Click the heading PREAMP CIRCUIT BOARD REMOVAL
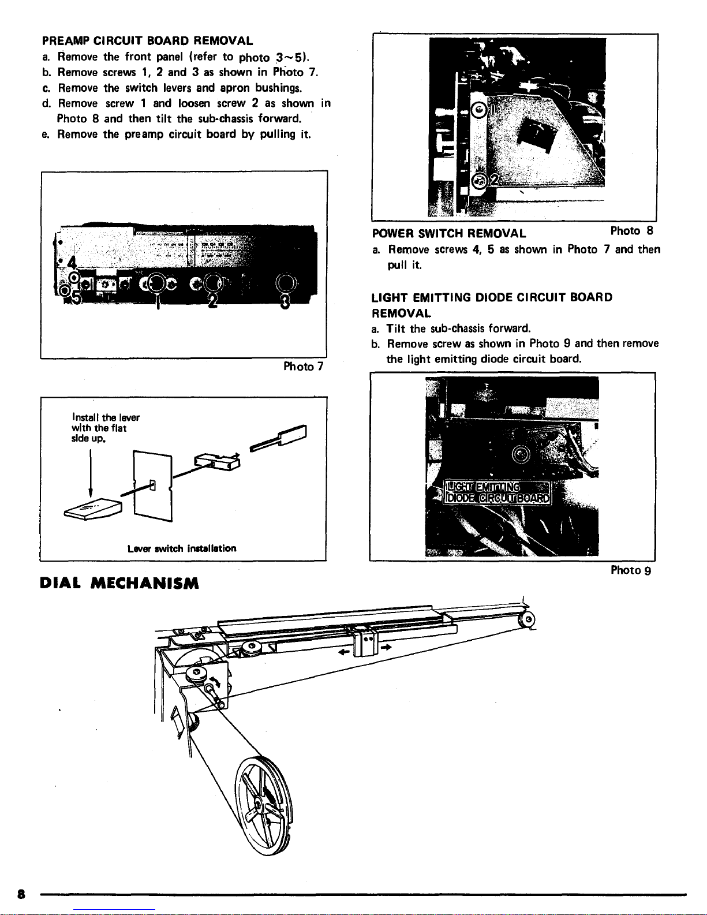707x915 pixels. [x=147, y=41]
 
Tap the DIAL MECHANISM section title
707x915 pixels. [x=119, y=584]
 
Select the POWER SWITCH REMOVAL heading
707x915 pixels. [x=449, y=233]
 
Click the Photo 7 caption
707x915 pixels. [x=304, y=367]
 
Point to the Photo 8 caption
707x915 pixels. [x=631, y=231]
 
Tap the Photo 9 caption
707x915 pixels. [x=631, y=570]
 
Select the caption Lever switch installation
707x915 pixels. [x=182, y=548]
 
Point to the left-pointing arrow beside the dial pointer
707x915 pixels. [x=344, y=652]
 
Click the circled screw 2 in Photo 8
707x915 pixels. [x=479, y=181]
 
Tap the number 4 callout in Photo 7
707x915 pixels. [x=72, y=263]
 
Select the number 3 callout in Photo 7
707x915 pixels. [x=285, y=301]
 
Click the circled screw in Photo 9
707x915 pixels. [x=521, y=454]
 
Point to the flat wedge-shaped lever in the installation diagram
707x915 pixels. [x=93, y=509]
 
